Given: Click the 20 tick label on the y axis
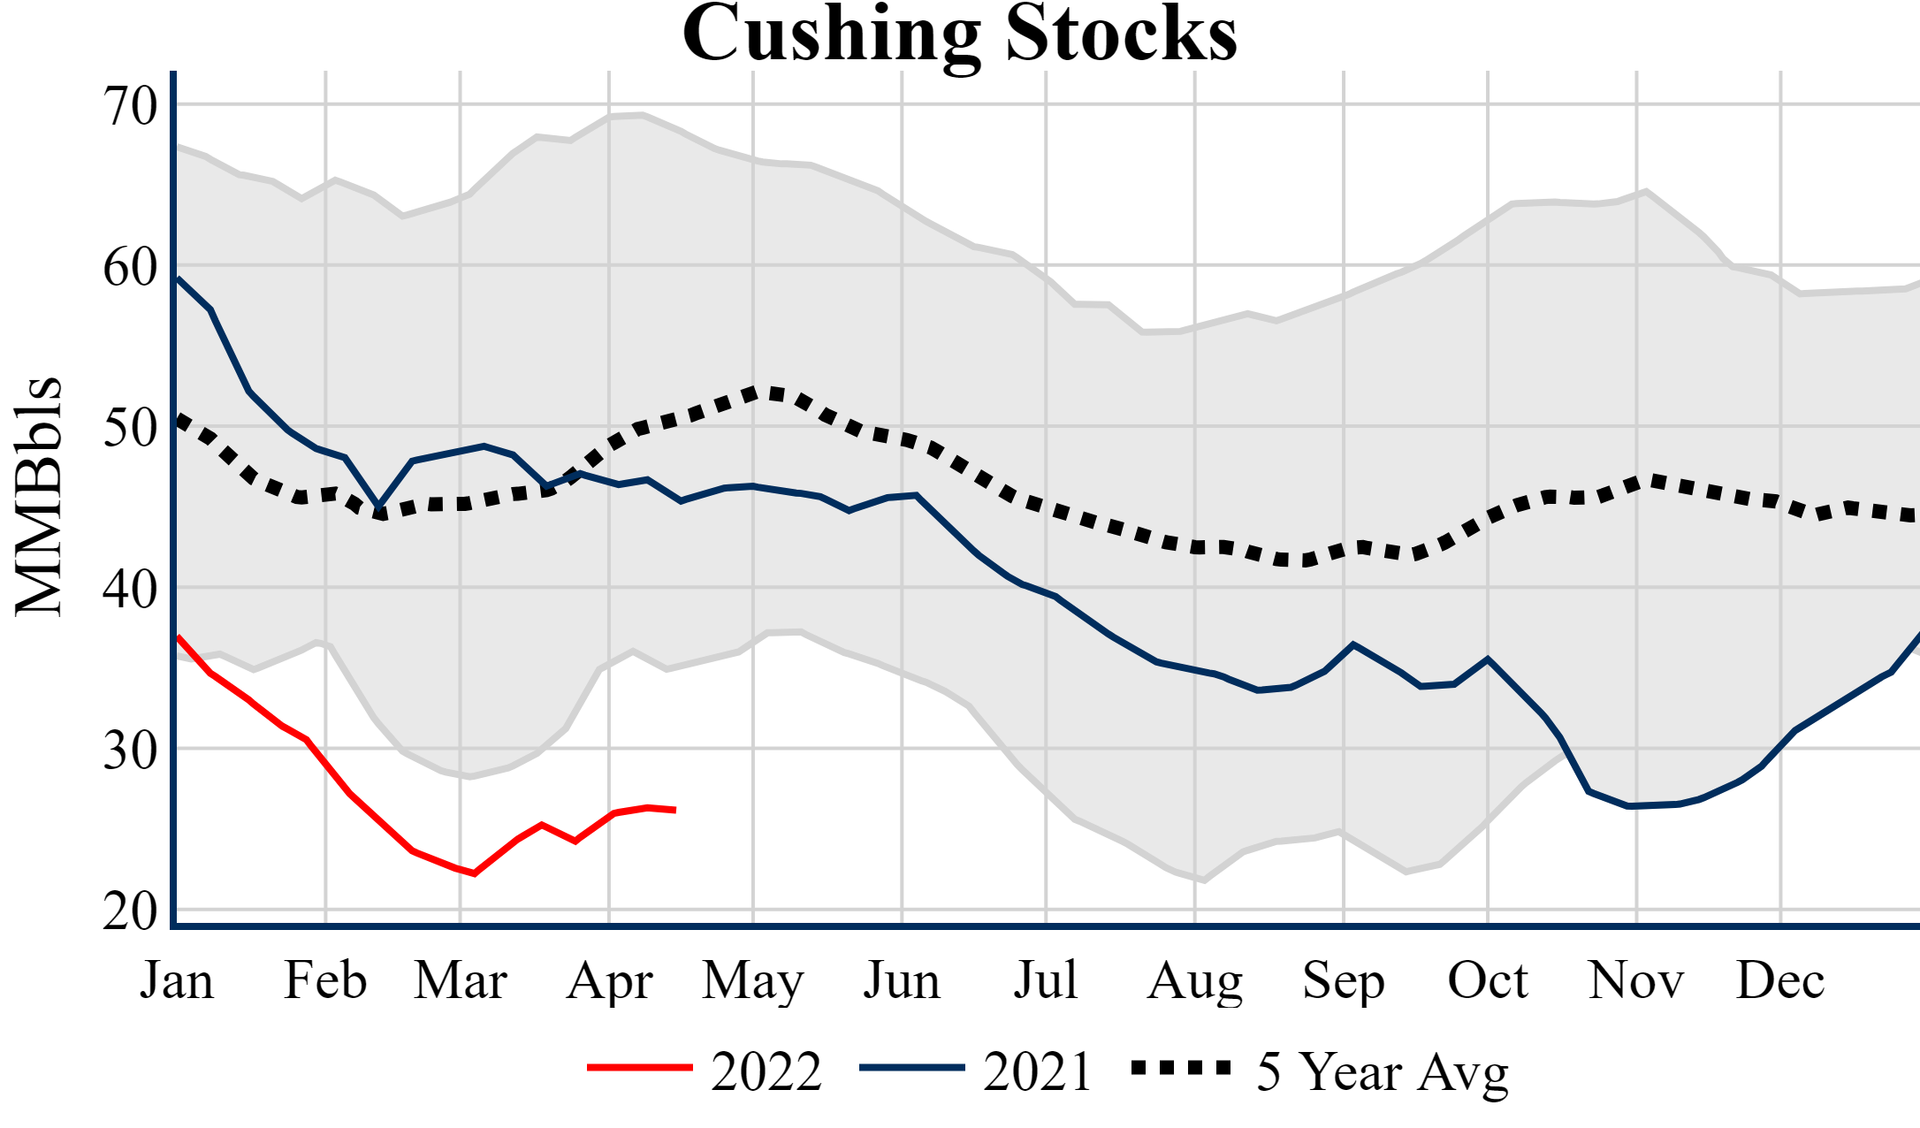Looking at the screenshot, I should click(130, 911).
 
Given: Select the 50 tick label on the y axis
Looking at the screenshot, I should click(130, 429).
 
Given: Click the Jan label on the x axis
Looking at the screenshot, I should click(177, 980).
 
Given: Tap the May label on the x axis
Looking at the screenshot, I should click(753, 980).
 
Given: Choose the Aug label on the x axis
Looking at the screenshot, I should click(1195, 980).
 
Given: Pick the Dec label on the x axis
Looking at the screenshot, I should click(1779, 980).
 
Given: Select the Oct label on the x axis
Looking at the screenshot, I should click(1488, 980).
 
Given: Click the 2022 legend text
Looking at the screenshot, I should click(766, 1071).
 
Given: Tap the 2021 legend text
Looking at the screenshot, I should click(1038, 1071).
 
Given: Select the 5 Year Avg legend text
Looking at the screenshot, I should click(1383, 1071).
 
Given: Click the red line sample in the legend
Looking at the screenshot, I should click(639, 1068).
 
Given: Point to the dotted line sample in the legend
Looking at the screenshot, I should click(1181, 1068).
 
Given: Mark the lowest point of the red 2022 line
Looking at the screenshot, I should click(475, 873).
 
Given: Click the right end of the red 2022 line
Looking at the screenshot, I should click(674, 810).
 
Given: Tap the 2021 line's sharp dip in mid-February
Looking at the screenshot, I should click(379, 507).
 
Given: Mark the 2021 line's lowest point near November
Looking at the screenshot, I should click(1629, 806).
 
